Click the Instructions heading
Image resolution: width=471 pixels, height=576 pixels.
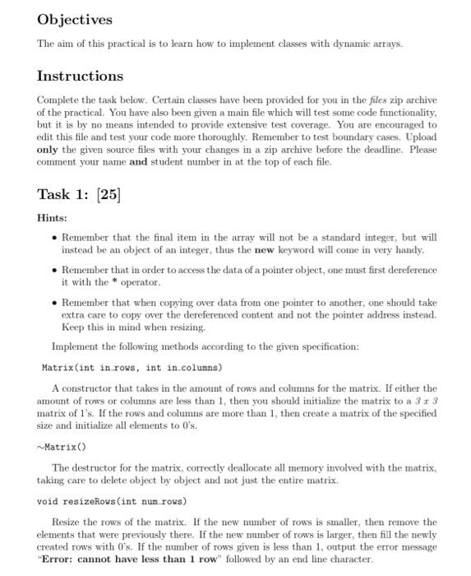[x=80, y=77]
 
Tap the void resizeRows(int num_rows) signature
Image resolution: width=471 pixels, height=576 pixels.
[x=113, y=500]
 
